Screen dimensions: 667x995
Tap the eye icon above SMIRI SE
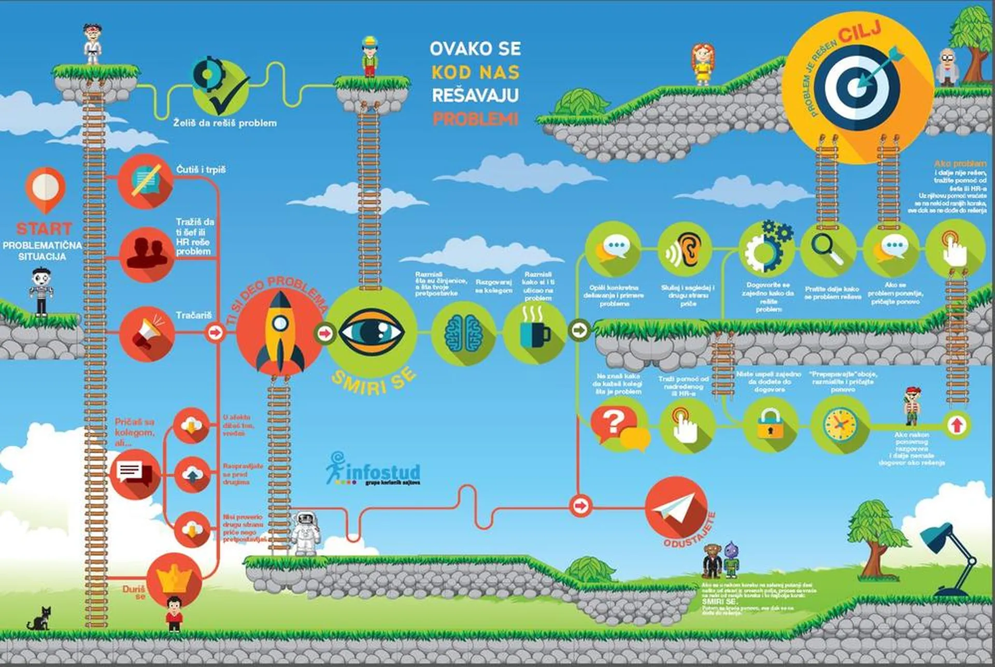[371, 332]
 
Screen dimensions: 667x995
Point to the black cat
[40, 619]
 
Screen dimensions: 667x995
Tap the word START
[44, 228]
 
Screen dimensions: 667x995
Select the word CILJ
[860, 32]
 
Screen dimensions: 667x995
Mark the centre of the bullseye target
[855, 87]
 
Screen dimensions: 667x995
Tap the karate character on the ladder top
[93, 44]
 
